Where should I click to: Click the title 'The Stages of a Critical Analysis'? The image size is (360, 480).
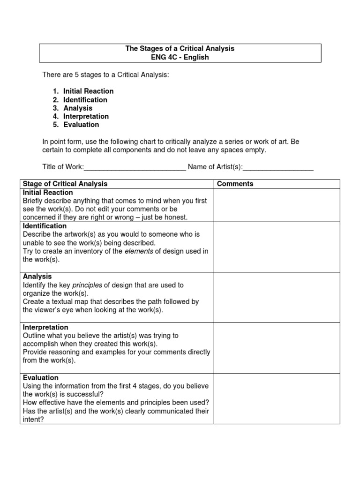(x=180, y=49)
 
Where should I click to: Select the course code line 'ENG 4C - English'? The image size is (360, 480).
(x=180, y=57)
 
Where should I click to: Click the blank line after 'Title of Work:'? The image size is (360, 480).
(x=135, y=167)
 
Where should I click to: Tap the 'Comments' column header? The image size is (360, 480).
(x=235, y=184)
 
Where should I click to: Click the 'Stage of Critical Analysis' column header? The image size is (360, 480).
(x=65, y=184)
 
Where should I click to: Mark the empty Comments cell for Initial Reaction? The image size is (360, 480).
(x=277, y=205)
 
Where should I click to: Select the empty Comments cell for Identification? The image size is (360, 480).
(x=277, y=247)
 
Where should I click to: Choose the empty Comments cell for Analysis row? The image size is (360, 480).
(x=277, y=298)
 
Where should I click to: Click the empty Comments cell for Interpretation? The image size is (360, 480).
(x=277, y=348)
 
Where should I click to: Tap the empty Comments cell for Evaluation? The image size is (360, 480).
(x=277, y=398)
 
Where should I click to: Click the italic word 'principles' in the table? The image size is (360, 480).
(x=89, y=285)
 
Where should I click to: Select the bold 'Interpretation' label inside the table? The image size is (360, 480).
(x=45, y=327)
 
